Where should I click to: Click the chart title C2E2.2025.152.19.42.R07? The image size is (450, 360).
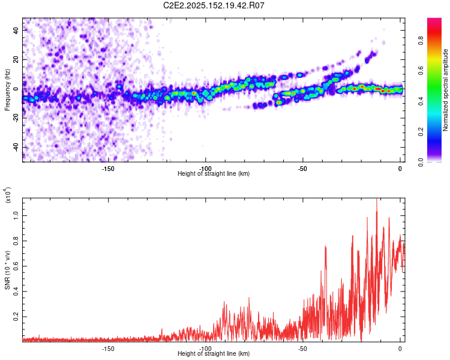214,5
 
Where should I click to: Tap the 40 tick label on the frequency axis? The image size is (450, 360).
16,30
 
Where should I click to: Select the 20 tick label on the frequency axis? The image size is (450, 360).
16,59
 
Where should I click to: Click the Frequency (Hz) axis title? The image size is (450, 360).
7,90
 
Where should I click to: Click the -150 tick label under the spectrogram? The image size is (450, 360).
108,169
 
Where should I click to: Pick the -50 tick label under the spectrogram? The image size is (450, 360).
302,169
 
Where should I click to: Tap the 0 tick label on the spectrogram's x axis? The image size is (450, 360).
400,169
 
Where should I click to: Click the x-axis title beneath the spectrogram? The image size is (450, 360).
214,173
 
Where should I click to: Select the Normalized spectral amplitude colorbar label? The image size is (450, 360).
445,90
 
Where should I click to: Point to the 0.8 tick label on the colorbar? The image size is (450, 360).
421,40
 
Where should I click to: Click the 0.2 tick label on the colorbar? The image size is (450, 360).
421,132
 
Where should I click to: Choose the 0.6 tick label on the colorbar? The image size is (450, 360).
421,71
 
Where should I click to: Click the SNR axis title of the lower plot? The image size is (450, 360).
7,270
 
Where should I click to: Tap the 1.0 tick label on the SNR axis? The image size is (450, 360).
16,215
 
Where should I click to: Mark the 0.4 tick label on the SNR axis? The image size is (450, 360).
16,292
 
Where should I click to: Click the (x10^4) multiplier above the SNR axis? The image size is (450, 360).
7,195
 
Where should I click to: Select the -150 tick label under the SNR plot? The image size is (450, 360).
108,349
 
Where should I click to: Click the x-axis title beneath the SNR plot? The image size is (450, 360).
214,353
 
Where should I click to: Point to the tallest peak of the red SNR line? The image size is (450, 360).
377,199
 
